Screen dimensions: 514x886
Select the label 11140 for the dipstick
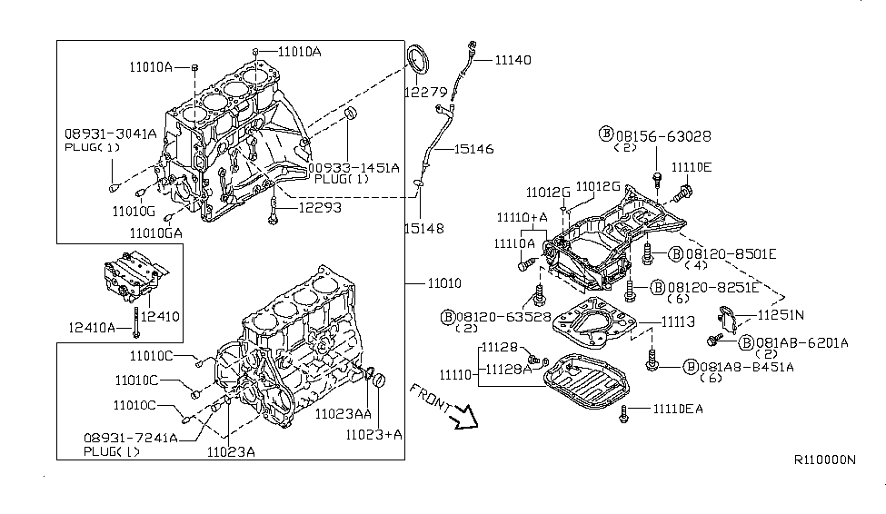point(513,60)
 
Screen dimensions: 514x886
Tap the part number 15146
point(474,148)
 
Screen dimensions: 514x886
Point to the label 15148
point(424,229)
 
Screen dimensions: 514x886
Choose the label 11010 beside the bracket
point(445,282)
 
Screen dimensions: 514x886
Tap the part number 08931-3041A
point(110,133)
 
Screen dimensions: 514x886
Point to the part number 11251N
point(781,315)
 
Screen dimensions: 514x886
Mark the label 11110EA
point(677,410)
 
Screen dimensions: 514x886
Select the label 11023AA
point(343,413)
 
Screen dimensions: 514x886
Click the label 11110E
point(692,167)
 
